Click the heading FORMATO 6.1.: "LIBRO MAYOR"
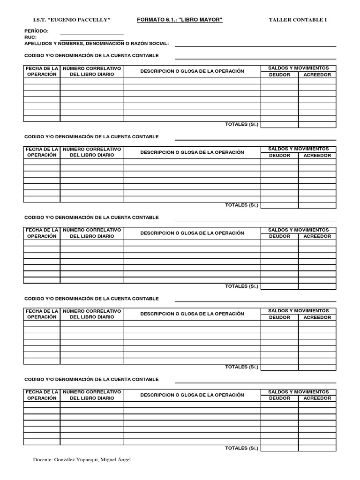180,19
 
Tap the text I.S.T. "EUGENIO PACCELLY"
71,20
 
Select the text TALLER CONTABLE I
298,20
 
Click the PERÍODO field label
36,31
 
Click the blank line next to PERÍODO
91,33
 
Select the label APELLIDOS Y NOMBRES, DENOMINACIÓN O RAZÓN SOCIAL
96,43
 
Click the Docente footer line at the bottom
82,460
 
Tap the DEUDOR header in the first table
279,75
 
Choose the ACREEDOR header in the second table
317,155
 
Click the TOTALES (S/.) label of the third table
241,286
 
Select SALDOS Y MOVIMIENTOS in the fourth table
298,311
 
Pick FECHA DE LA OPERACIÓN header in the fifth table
42,395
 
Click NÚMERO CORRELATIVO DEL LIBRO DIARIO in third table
92,233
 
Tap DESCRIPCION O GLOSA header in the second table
192,152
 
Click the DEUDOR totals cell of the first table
279,124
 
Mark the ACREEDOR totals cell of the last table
317,448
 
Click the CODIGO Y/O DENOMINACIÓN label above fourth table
91,299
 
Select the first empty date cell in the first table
42,81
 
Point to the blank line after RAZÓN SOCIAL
255,45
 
